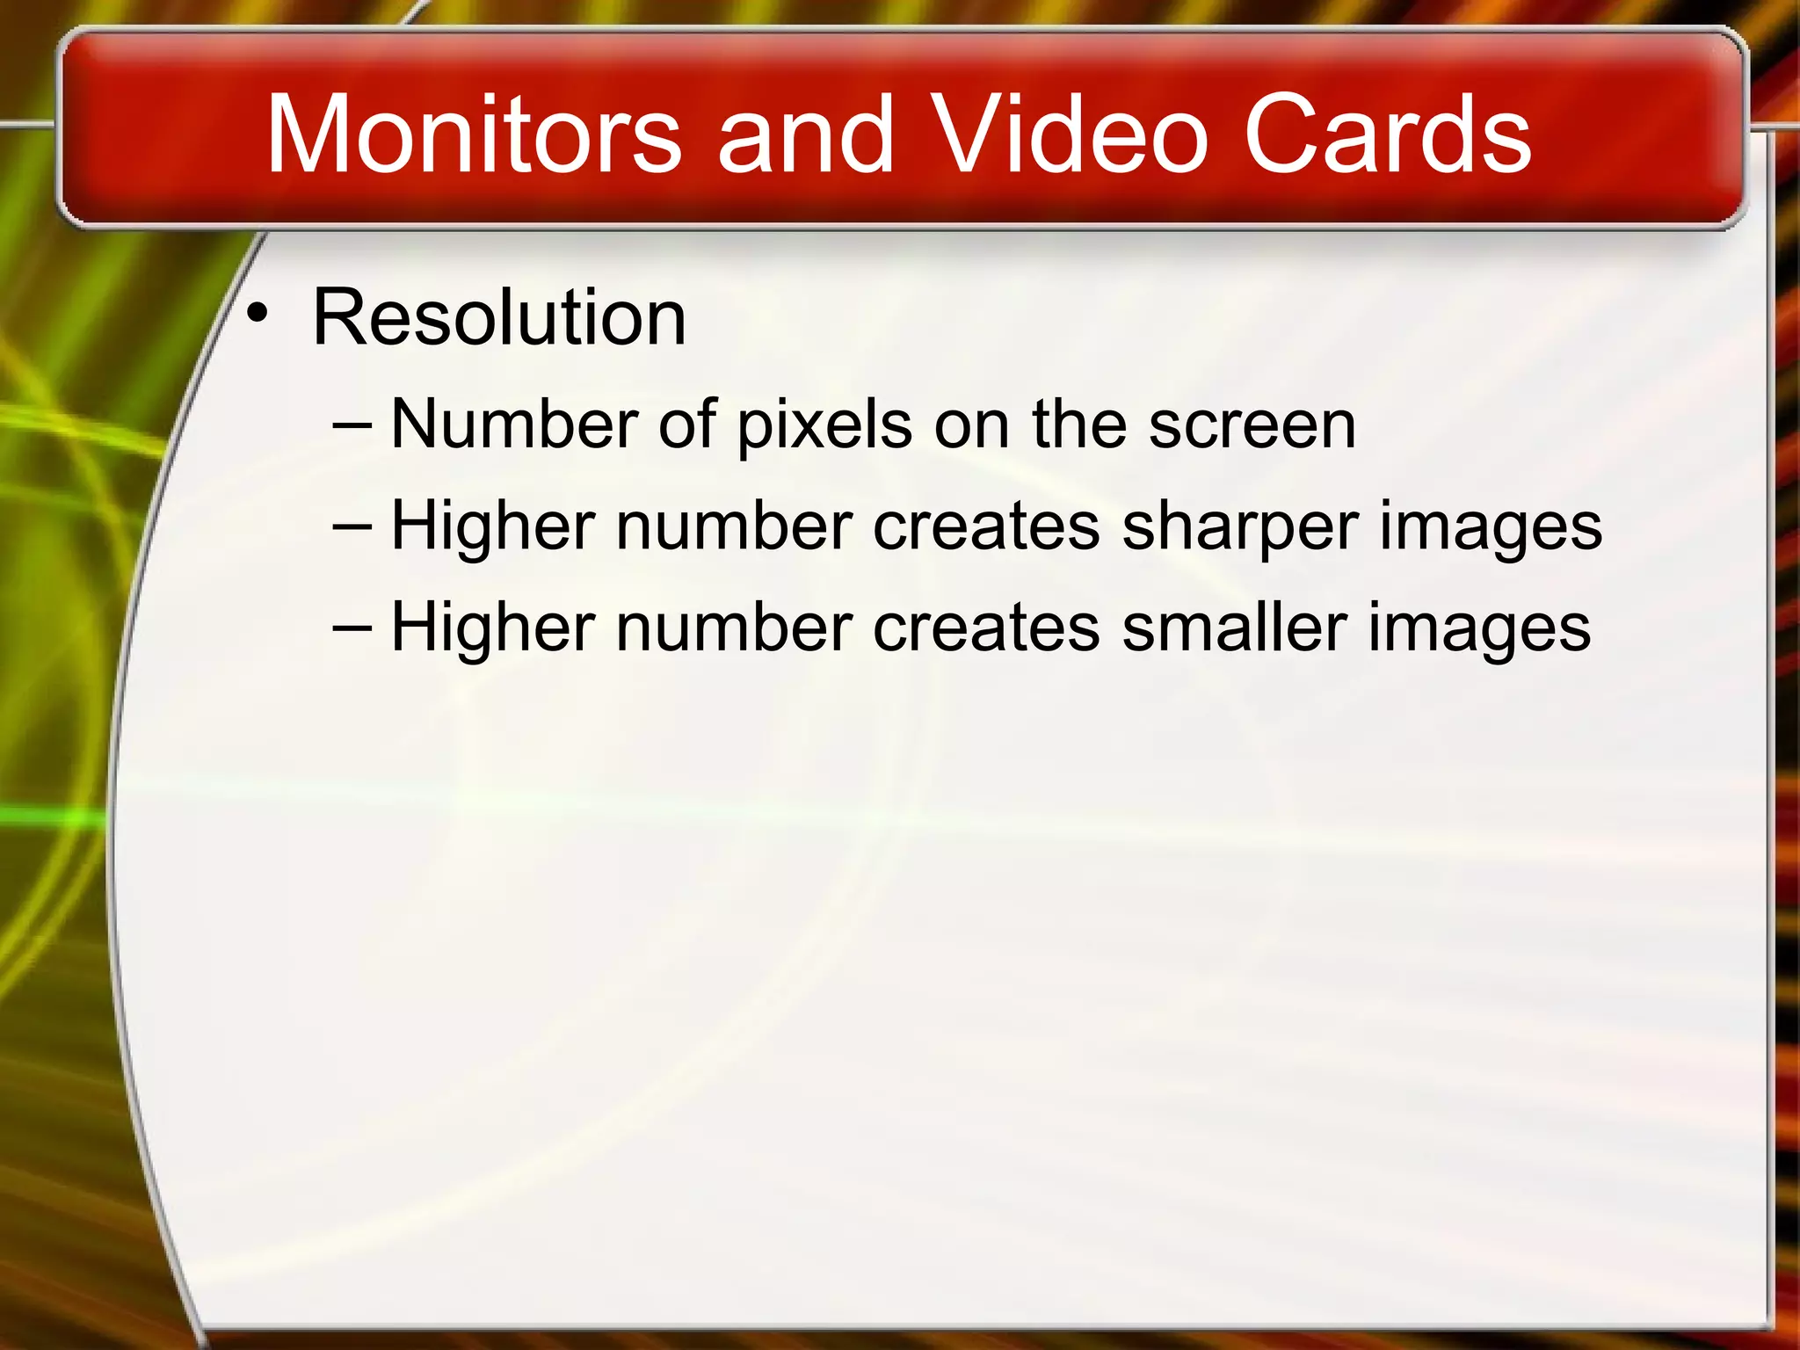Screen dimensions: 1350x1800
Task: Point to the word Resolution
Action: click(x=499, y=317)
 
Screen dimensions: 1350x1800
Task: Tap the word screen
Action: click(x=1252, y=426)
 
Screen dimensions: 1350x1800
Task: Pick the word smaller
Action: click(x=1234, y=628)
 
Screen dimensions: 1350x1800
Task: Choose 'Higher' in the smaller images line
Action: click(x=493, y=628)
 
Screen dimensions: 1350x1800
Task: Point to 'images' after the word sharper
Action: click(x=1491, y=527)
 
